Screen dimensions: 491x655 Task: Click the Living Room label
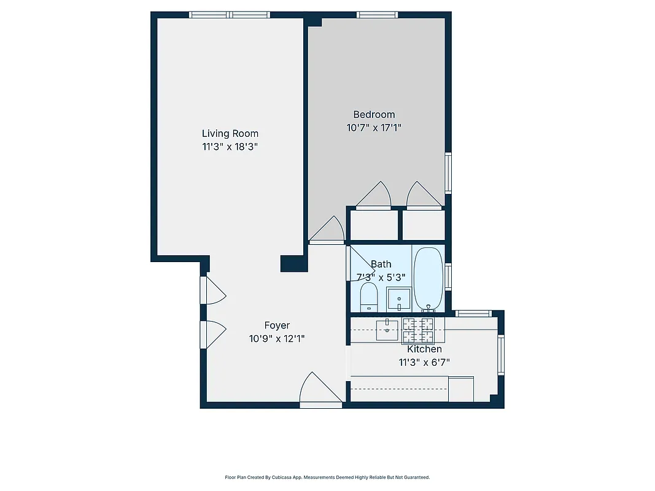point(230,133)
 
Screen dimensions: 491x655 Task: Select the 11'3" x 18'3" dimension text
point(230,147)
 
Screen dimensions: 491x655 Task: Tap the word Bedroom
point(374,114)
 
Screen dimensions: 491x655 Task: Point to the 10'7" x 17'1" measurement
point(374,128)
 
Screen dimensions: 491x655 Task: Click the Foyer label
point(277,325)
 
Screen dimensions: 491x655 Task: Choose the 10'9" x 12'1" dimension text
point(277,338)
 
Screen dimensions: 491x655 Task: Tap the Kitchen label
point(424,349)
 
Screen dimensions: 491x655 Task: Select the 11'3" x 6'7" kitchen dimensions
point(424,362)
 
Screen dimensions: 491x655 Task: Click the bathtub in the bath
point(428,279)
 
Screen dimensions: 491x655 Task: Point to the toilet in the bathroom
point(368,297)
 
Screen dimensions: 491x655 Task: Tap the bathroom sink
point(399,300)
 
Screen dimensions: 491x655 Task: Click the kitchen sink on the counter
point(387,330)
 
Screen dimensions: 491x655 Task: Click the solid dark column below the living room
point(293,263)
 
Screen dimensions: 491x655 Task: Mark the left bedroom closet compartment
point(373,225)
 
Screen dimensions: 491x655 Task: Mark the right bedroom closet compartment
point(423,225)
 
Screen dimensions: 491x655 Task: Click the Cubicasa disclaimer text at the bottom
point(327,477)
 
